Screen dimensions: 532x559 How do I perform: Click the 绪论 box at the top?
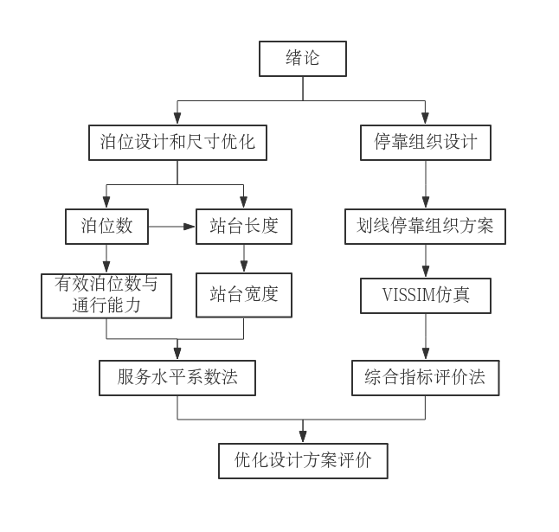(303, 59)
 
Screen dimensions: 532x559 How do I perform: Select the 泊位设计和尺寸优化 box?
(177, 143)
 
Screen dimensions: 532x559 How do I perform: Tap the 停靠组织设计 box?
(425, 143)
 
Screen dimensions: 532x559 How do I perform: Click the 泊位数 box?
(106, 227)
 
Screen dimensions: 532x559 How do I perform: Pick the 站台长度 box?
(243, 227)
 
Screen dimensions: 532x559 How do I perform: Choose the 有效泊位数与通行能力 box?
(106, 295)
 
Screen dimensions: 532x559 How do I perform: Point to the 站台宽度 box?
(243, 295)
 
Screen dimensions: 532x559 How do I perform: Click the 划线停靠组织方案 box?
(425, 227)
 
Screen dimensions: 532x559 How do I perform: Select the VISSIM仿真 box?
(425, 295)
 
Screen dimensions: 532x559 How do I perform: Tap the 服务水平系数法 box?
(177, 378)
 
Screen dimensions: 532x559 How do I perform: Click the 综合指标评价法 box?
(425, 378)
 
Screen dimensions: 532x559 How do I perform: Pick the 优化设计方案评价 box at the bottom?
(303, 461)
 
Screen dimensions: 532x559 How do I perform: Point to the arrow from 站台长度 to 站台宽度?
(243, 259)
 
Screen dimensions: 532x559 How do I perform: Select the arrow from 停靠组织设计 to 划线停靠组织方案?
(425, 184)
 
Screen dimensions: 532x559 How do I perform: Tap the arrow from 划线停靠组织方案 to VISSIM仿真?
(425, 261)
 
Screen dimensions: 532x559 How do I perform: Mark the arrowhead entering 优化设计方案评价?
(303, 438)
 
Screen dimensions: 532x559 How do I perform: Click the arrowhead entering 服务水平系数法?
(177, 355)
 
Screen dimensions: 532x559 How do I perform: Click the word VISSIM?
(409, 295)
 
